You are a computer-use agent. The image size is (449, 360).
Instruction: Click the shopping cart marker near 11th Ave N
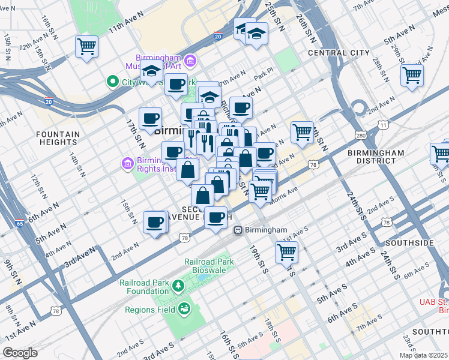[x=86, y=46]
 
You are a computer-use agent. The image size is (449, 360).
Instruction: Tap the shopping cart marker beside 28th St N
[x=412, y=75]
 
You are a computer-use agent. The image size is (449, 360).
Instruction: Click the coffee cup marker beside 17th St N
[x=150, y=118]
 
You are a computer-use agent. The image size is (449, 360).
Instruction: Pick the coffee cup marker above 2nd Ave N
[x=155, y=223]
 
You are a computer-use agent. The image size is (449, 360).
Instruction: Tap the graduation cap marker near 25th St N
[x=256, y=34]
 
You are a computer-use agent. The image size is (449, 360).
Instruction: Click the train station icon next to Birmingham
[x=238, y=230]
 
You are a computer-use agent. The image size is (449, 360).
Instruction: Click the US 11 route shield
[x=382, y=124]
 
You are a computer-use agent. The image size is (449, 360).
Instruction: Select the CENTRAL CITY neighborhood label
[x=339, y=53]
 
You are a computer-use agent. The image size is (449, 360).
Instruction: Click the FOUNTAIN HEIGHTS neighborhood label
[x=58, y=138]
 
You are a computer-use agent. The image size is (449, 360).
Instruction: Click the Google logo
[x=20, y=353]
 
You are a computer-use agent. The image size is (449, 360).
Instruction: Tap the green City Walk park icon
[x=112, y=81]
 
